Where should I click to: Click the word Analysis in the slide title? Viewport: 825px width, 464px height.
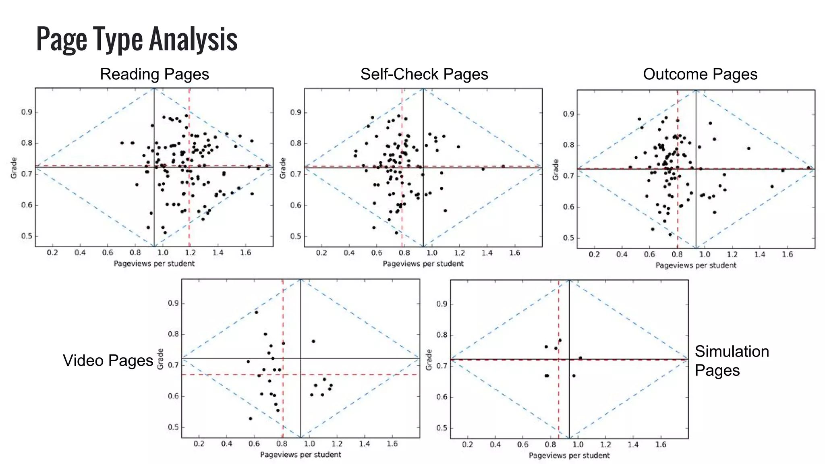[x=193, y=39]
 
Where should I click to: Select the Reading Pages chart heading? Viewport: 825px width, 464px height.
[x=154, y=74]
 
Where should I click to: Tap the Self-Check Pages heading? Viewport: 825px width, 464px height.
[x=424, y=74]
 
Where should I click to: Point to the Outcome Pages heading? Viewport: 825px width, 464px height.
[x=700, y=74]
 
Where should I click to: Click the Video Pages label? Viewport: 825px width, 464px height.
[x=108, y=360]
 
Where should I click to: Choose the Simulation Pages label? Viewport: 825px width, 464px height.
[x=732, y=360]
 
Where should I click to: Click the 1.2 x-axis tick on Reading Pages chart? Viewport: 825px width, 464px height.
[x=190, y=253]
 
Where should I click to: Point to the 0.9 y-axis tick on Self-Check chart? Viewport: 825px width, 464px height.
[x=296, y=112]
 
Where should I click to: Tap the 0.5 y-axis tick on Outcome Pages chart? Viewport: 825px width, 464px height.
[x=568, y=238]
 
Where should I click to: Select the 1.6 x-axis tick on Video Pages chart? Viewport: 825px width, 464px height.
[x=392, y=444]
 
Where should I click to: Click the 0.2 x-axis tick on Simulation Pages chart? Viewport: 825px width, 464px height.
[x=467, y=445]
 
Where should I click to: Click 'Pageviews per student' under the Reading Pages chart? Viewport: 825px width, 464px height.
[x=154, y=263]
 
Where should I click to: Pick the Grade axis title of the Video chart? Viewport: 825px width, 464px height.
[x=160, y=358]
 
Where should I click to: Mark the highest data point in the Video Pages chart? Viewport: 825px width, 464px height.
[x=256, y=312]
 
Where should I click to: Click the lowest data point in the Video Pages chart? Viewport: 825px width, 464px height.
[x=251, y=418]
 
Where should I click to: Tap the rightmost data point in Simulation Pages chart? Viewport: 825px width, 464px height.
[x=580, y=358]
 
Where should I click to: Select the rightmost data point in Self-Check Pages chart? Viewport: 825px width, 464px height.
[x=503, y=166]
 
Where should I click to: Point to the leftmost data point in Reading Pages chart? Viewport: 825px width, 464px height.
[x=122, y=143]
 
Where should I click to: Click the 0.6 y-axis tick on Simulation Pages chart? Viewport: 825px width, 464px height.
[x=442, y=397]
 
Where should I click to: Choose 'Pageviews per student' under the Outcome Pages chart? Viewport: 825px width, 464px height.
[x=696, y=265]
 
